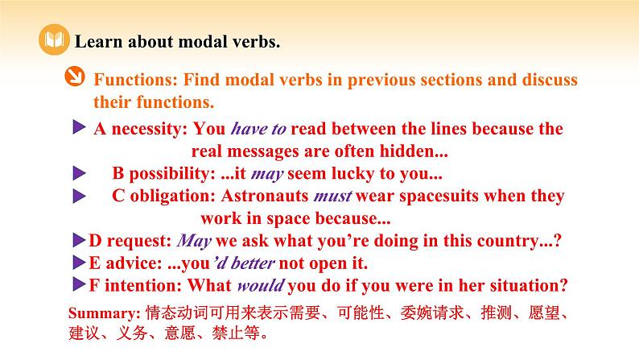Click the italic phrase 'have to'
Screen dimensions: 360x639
(x=259, y=129)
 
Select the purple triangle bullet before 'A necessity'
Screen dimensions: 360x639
(x=79, y=127)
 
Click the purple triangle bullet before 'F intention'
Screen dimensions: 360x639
(x=78, y=283)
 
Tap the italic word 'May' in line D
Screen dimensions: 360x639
(x=193, y=240)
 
